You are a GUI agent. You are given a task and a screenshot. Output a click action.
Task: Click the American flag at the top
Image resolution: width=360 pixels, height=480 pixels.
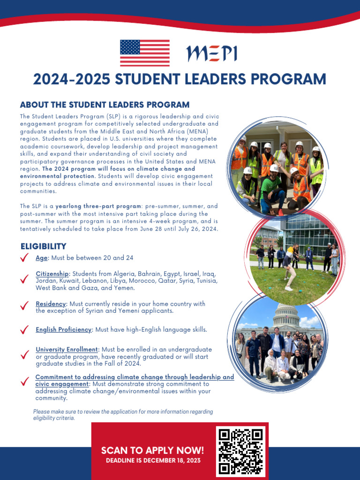[145, 53]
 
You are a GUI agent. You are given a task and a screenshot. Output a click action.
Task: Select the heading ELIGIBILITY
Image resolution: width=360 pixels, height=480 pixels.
[43, 246]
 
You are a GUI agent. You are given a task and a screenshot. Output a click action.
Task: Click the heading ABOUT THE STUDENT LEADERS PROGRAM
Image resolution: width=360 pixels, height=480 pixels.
[105, 105]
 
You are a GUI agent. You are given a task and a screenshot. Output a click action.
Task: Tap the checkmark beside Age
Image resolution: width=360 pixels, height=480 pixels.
[25, 257]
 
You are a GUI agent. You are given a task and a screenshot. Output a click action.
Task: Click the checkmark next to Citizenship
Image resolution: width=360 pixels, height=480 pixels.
[25, 279]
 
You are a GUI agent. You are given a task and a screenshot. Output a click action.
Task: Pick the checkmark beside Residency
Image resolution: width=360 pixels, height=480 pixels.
[25, 306]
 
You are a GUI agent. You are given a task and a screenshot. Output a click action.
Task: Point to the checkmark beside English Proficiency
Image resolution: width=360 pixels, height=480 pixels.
[25, 330]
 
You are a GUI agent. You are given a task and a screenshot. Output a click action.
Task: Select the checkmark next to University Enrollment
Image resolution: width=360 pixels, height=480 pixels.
[25, 355]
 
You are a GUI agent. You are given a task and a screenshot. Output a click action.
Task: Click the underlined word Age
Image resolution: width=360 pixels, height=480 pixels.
[42, 258]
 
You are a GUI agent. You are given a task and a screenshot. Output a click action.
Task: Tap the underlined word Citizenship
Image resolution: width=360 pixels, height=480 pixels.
[53, 274]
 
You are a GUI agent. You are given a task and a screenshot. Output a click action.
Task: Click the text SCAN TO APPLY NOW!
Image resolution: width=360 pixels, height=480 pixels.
[153, 450]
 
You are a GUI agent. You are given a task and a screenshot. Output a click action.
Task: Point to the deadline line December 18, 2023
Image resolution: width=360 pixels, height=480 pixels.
[153, 461]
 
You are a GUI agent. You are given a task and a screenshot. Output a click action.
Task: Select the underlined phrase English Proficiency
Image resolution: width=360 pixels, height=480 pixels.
[63, 330]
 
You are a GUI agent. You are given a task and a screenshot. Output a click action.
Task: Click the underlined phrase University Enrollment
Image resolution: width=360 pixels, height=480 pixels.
[67, 350]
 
